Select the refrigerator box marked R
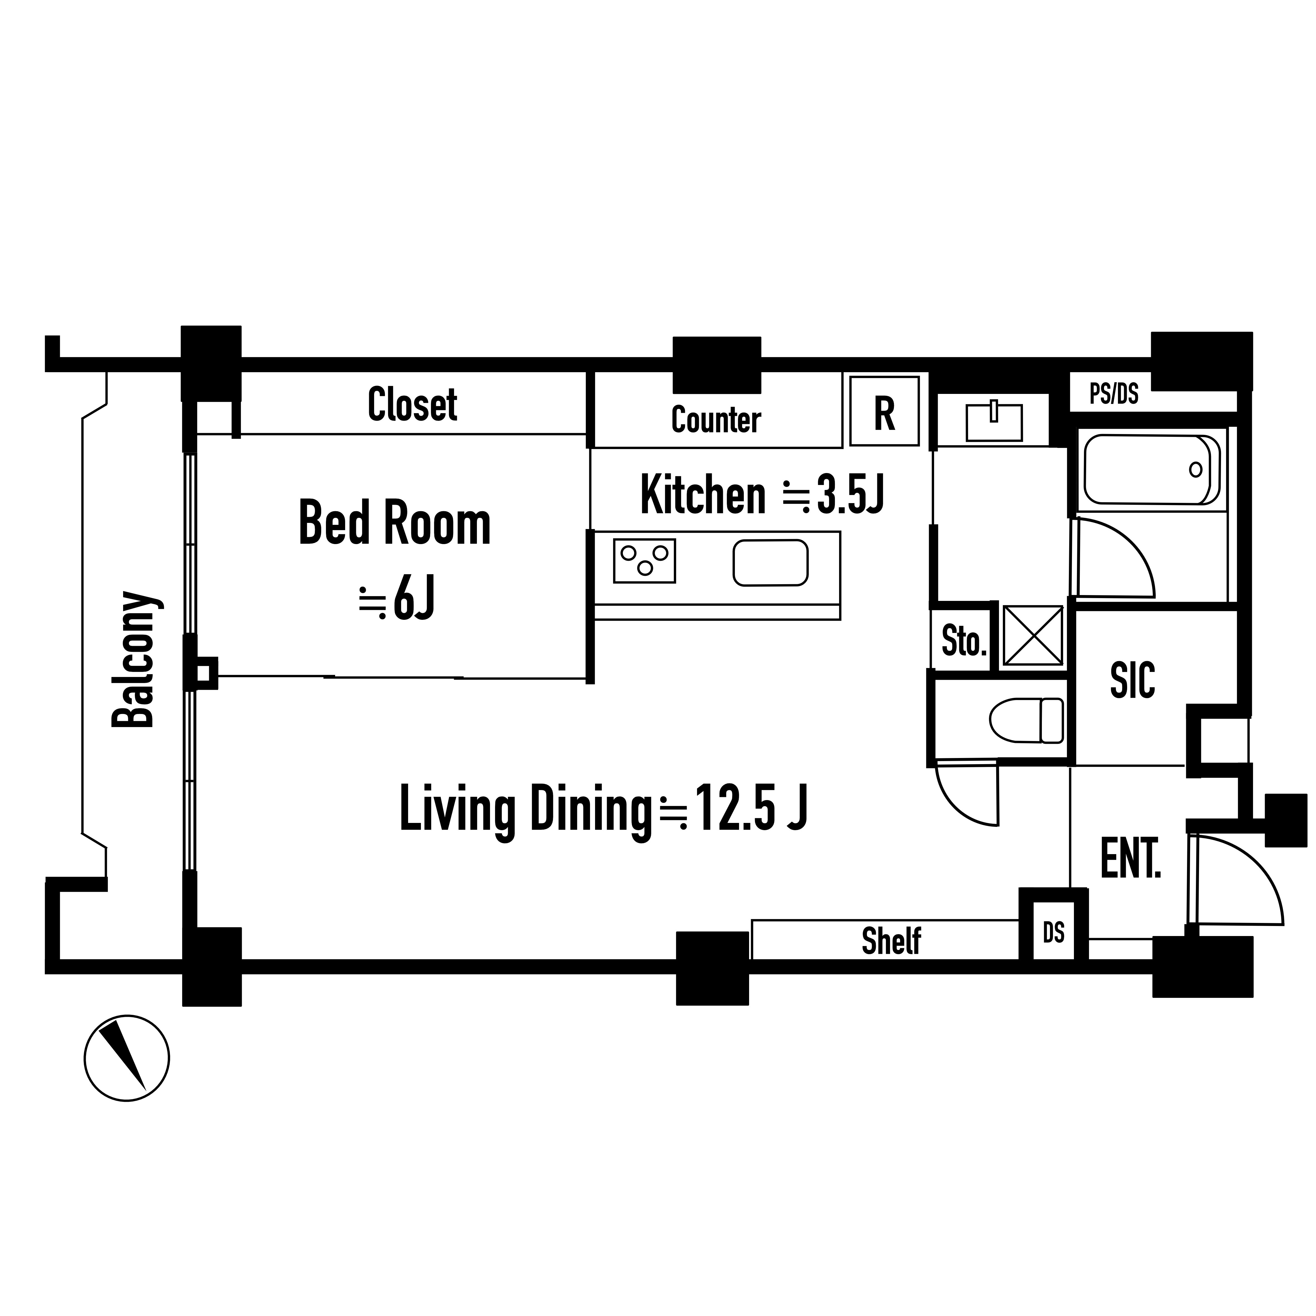pos(884,411)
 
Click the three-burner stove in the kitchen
pos(644,560)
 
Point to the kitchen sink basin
pos(770,563)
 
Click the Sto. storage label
pos(964,641)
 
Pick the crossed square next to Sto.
pos(1033,635)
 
